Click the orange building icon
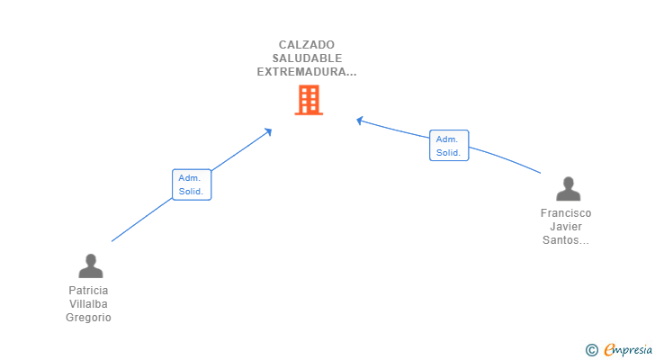[x=309, y=100]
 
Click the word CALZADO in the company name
[x=307, y=44]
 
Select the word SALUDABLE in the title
[x=307, y=58]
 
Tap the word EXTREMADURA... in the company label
[x=307, y=71]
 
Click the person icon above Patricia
[x=90, y=265]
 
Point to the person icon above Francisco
[x=568, y=189]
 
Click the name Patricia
[x=88, y=291]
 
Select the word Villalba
[x=88, y=304]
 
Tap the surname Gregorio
[x=88, y=318]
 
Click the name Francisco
[x=566, y=213]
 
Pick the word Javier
[x=566, y=227]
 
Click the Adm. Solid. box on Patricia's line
[x=192, y=184]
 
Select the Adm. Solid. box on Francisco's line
[x=449, y=146]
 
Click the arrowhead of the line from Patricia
[x=268, y=131]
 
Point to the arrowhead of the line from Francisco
[x=360, y=120]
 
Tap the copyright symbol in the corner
[x=591, y=349]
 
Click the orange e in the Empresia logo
[x=610, y=349]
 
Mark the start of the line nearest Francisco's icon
[x=540, y=172]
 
